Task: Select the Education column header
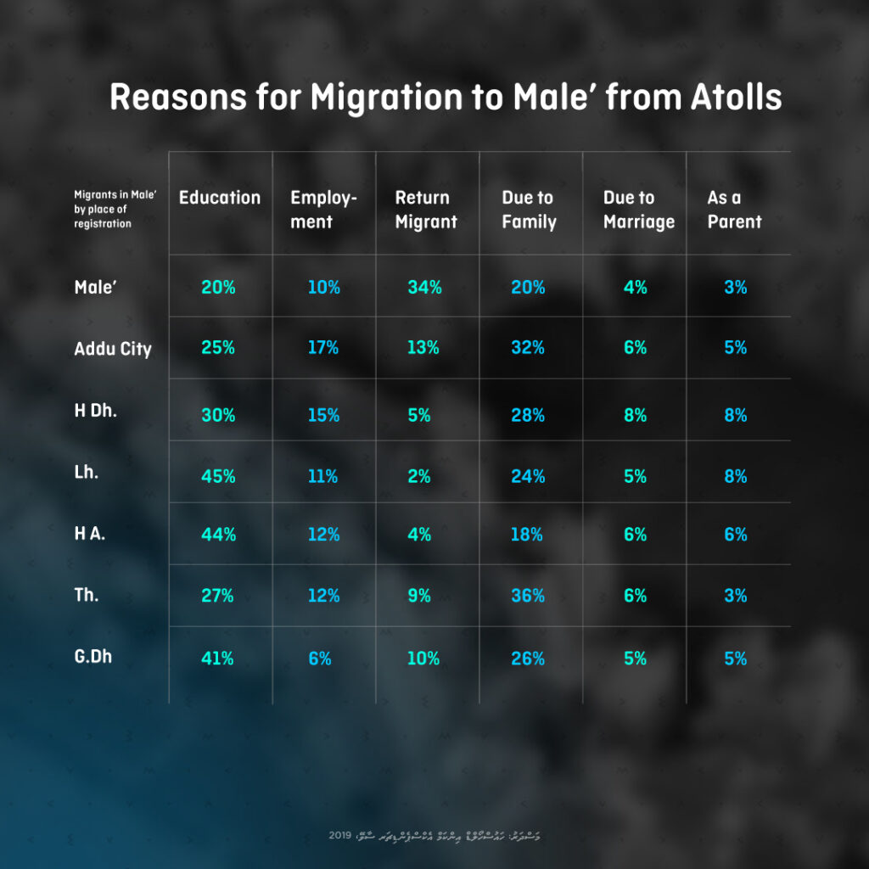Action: [219, 198]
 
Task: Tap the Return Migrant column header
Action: [425, 210]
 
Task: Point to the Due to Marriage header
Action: [638, 210]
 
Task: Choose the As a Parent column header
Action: [734, 210]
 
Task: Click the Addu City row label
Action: [113, 349]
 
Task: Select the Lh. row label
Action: [87, 473]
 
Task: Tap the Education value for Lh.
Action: [218, 477]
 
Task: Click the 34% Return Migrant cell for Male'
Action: [424, 288]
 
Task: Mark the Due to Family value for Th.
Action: [527, 597]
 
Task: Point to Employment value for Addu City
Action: [322, 348]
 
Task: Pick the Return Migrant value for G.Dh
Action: [423, 659]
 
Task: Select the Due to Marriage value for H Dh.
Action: [635, 416]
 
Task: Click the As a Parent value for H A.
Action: [735, 535]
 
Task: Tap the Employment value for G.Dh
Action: [320, 659]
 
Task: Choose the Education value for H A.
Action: [218, 535]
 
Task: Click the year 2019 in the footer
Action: [340, 836]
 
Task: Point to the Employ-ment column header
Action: [323, 210]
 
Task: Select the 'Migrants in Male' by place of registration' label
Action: [115, 210]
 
